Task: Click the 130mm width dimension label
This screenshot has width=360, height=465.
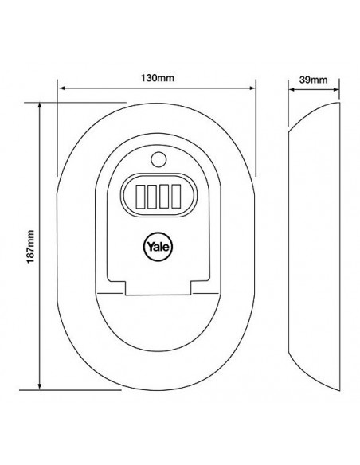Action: pos(157,78)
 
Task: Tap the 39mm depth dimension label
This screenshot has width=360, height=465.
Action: pos(313,80)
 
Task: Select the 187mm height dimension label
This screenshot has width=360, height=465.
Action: pos(30,247)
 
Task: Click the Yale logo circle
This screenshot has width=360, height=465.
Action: pos(158,247)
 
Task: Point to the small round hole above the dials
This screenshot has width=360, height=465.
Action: pos(158,159)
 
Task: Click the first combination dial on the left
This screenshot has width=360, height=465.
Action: pos(140,196)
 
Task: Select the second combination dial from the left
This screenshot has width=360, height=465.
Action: pos(152,197)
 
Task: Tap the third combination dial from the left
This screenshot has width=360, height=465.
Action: pos(164,196)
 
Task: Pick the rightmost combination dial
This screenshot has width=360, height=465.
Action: pos(176,196)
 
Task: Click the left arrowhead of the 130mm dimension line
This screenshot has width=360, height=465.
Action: pos(62,88)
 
